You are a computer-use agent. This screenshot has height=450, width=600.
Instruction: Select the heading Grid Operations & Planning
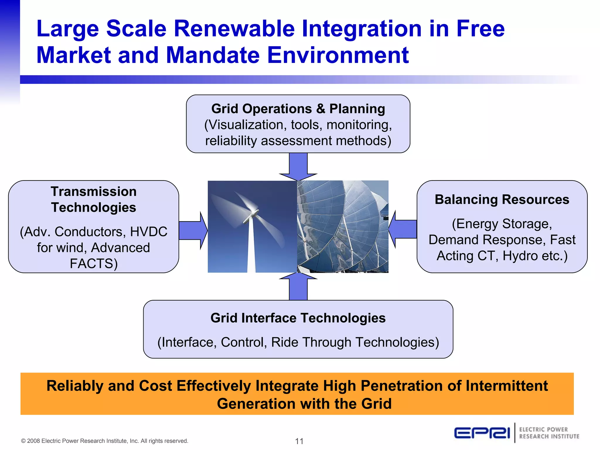point(298,109)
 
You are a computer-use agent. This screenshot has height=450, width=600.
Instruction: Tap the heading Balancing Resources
point(502,200)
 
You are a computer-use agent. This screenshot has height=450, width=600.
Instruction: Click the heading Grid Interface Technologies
point(298,318)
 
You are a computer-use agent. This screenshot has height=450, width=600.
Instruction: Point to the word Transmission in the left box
point(93,192)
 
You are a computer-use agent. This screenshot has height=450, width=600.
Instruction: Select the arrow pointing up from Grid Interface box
point(298,287)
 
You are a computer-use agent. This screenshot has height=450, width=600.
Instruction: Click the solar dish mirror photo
point(342,226)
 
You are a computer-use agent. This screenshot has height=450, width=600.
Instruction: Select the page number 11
point(299,441)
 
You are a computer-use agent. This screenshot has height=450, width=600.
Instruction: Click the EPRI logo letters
point(482,433)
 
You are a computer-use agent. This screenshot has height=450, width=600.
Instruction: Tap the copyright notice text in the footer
point(105,441)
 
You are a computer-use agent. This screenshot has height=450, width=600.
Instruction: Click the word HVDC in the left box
point(149,232)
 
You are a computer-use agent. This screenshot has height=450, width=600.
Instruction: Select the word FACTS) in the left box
point(93,263)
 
